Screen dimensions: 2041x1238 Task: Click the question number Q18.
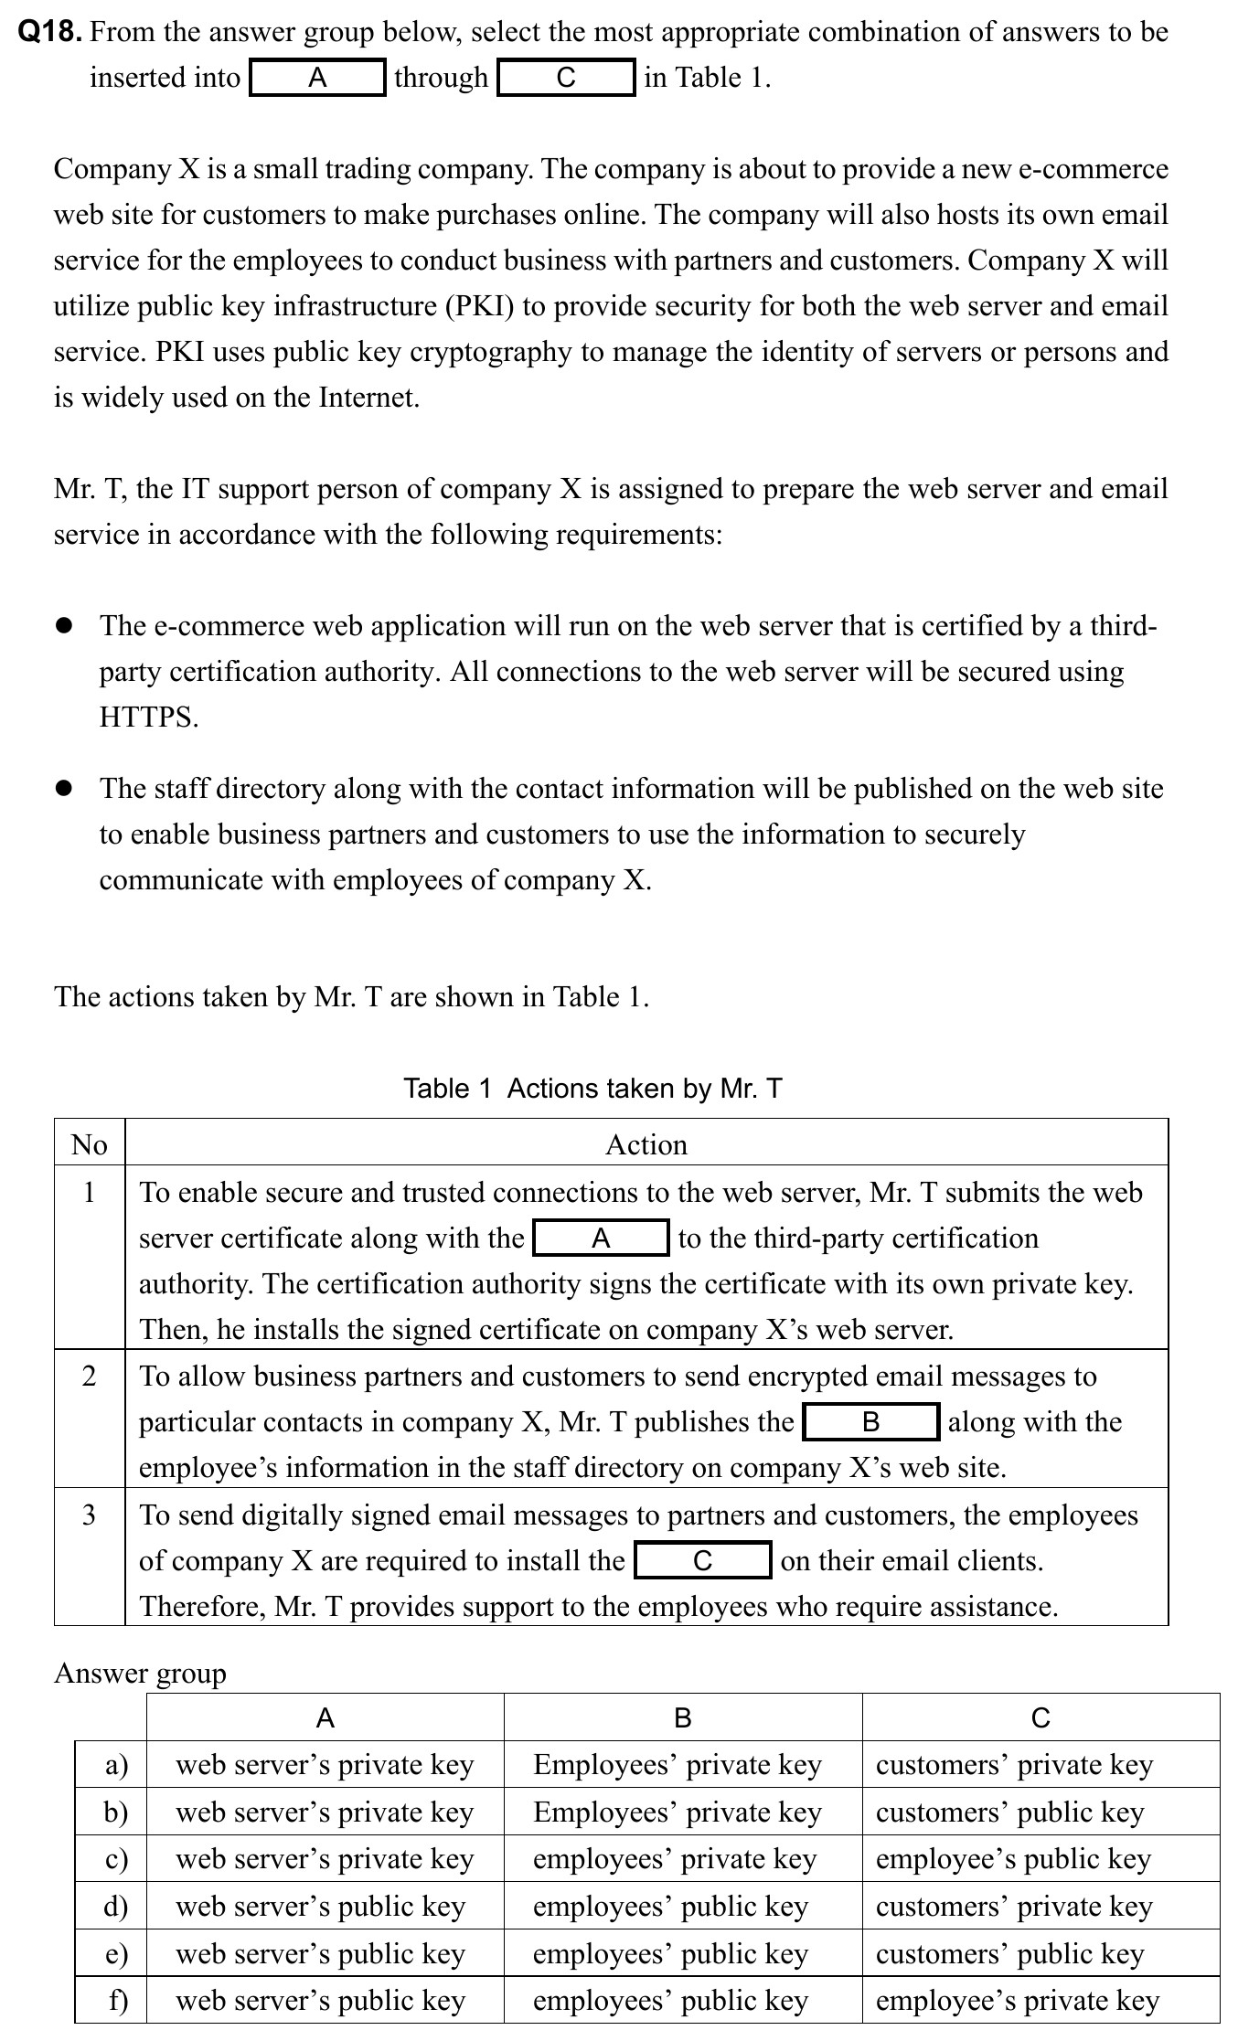(x=51, y=32)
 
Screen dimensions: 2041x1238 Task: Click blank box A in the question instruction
(x=317, y=78)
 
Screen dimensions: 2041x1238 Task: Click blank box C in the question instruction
(x=566, y=78)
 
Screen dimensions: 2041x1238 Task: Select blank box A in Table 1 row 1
(x=601, y=1238)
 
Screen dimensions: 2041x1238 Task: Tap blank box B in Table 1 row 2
(x=870, y=1421)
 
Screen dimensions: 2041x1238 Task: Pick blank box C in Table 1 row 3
(x=702, y=1560)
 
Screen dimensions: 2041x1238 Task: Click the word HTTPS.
(x=149, y=718)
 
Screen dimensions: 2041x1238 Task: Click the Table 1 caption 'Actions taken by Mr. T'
(x=592, y=1089)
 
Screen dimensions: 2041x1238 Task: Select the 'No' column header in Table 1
(x=90, y=1144)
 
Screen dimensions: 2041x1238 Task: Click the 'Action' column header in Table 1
(x=646, y=1144)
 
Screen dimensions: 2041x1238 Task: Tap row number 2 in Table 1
(x=90, y=1376)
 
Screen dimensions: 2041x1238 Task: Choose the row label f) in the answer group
(x=118, y=2001)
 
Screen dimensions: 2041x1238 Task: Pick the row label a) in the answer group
(x=116, y=1764)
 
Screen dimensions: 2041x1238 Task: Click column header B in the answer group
(x=682, y=1718)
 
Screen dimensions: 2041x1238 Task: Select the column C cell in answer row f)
(x=1017, y=2001)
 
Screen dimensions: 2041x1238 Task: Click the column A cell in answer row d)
(x=320, y=1906)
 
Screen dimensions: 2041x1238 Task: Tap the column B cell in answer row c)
(x=674, y=1858)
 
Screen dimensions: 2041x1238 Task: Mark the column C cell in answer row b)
(x=1009, y=1812)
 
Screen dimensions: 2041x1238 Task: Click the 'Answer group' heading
(x=140, y=1674)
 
